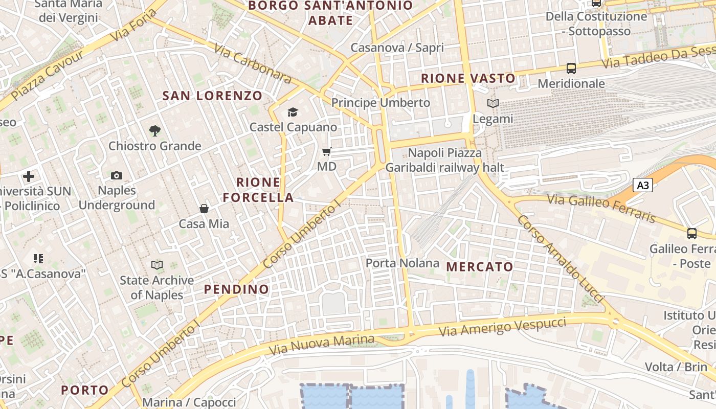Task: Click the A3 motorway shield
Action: pyautogui.click(x=643, y=185)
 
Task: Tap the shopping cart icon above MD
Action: pyautogui.click(x=326, y=152)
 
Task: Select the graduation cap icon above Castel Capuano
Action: pyautogui.click(x=293, y=112)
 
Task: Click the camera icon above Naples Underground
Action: pyautogui.click(x=117, y=176)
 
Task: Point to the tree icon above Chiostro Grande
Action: pyautogui.click(x=154, y=131)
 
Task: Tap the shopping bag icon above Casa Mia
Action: pyautogui.click(x=204, y=209)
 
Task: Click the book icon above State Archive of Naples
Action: pyautogui.click(x=156, y=265)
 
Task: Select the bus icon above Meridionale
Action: pyautogui.click(x=571, y=69)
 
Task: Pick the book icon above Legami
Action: pyautogui.click(x=493, y=104)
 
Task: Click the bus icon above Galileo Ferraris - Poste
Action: pyautogui.click(x=691, y=234)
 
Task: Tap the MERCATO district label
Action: pyautogui.click(x=480, y=267)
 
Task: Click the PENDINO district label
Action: pyautogui.click(x=236, y=289)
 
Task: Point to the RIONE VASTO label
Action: pyautogui.click(x=468, y=79)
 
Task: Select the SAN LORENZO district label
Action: pyautogui.click(x=212, y=96)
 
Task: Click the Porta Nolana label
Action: pyautogui.click(x=402, y=263)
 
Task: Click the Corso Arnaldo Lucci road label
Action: pyautogui.click(x=561, y=259)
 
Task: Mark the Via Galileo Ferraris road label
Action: pyautogui.click(x=601, y=208)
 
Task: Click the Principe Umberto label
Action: pyautogui.click(x=381, y=103)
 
